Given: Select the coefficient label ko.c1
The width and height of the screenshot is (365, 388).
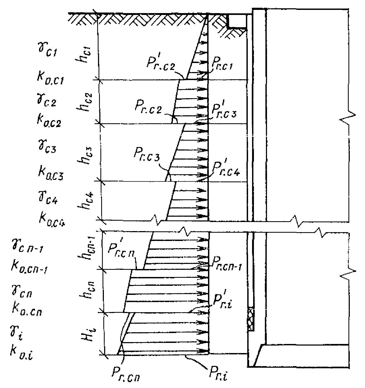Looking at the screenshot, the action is (50, 79).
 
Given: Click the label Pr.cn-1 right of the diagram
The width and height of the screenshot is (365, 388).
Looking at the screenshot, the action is (226, 265).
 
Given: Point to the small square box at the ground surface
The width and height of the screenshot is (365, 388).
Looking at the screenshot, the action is (237, 21).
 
